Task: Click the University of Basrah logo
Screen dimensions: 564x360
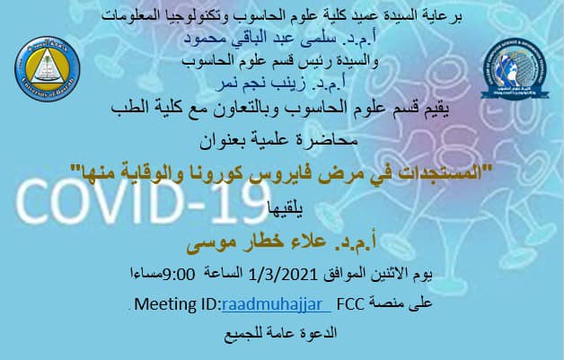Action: (47, 68)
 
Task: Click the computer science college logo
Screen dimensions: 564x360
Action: (516, 69)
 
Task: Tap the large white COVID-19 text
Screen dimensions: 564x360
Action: (143, 202)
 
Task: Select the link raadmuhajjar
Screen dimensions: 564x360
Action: (277, 304)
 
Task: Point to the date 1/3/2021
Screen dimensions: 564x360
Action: (283, 275)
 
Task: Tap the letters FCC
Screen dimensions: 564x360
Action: (350, 304)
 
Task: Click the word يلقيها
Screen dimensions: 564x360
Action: (286, 208)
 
